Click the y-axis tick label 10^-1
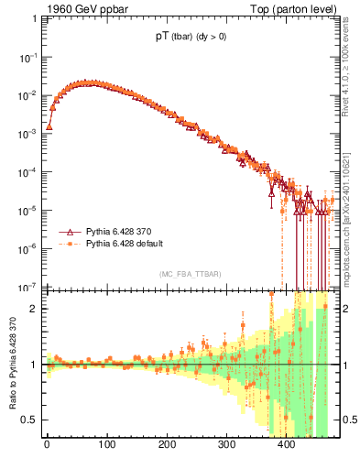[27, 57]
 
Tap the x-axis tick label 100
[106, 445]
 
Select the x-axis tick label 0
[47, 445]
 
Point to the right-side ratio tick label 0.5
[347, 420]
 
